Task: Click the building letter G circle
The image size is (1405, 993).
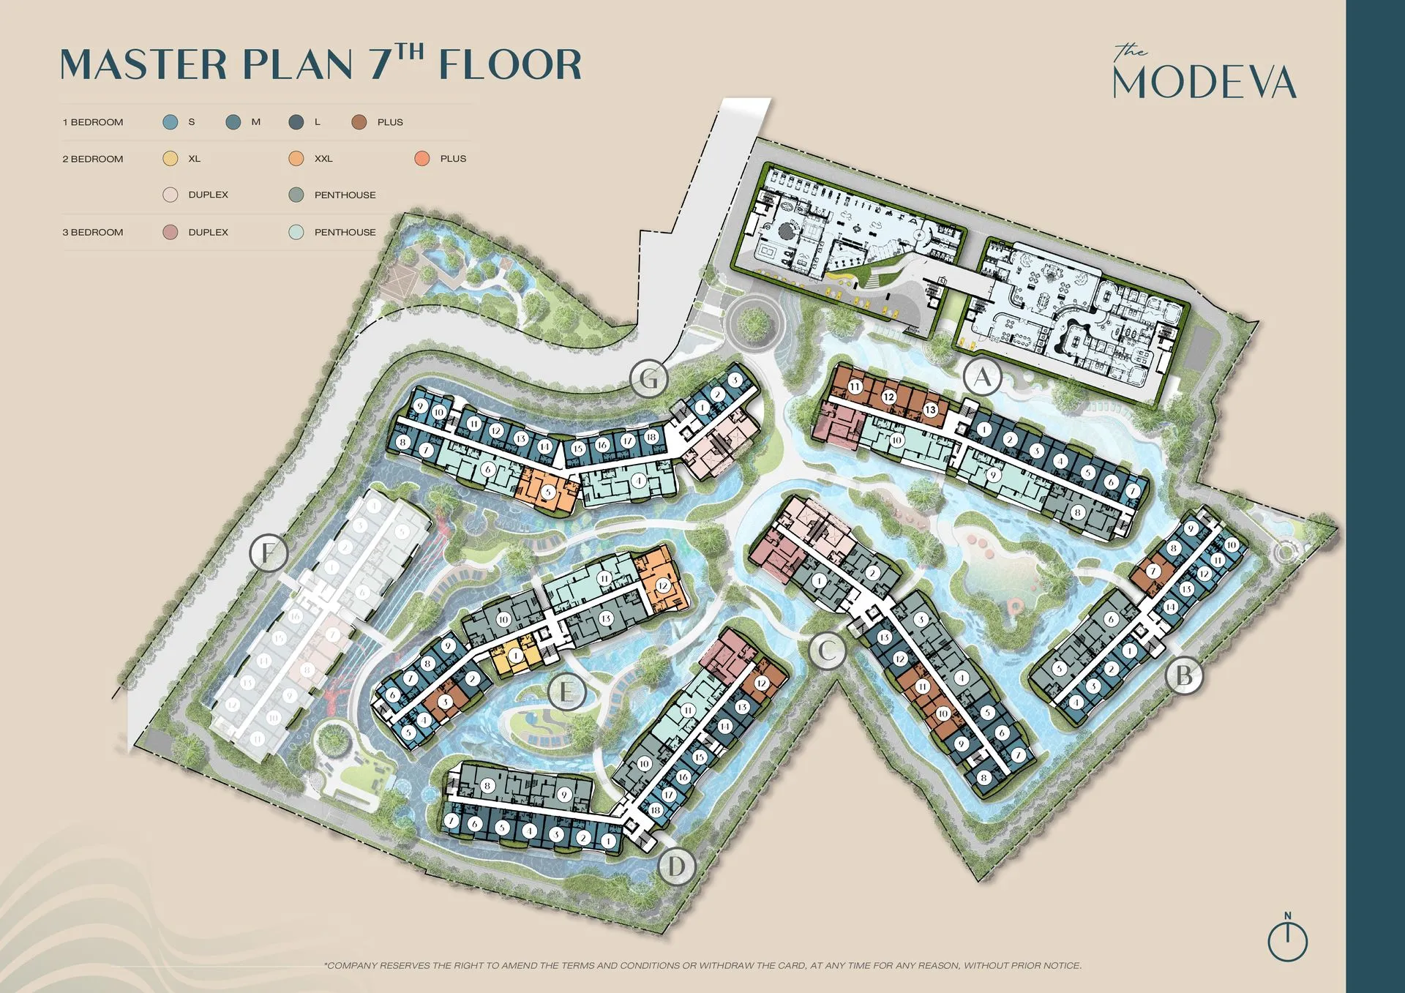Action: [x=648, y=379]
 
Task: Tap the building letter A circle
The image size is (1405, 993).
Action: [x=982, y=378]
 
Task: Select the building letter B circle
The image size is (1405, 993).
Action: [x=1183, y=675]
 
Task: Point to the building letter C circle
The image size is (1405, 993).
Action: [x=828, y=650]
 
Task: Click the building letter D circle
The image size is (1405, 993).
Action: [x=676, y=867]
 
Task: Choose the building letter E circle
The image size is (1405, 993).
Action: [x=566, y=692]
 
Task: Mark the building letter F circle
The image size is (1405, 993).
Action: [x=269, y=552]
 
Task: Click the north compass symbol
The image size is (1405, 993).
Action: [x=1287, y=940]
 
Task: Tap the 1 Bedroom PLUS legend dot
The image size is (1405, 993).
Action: [x=359, y=122]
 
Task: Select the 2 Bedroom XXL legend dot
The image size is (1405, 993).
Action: [x=296, y=159]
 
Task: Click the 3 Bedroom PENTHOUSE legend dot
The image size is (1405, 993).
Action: [x=296, y=232]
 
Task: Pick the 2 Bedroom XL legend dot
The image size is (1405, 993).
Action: [x=171, y=159]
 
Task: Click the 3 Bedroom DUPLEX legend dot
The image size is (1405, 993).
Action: [x=171, y=232]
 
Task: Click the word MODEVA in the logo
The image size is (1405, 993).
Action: [x=1204, y=82]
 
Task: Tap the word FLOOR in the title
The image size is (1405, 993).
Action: [x=510, y=65]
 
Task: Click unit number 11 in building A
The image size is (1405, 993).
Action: [x=855, y=386]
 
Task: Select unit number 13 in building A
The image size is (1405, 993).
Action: [x=930, y=410]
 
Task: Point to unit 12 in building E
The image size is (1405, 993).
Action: [x=663, y=585]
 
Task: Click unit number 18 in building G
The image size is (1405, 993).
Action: [x=651, y=438]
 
